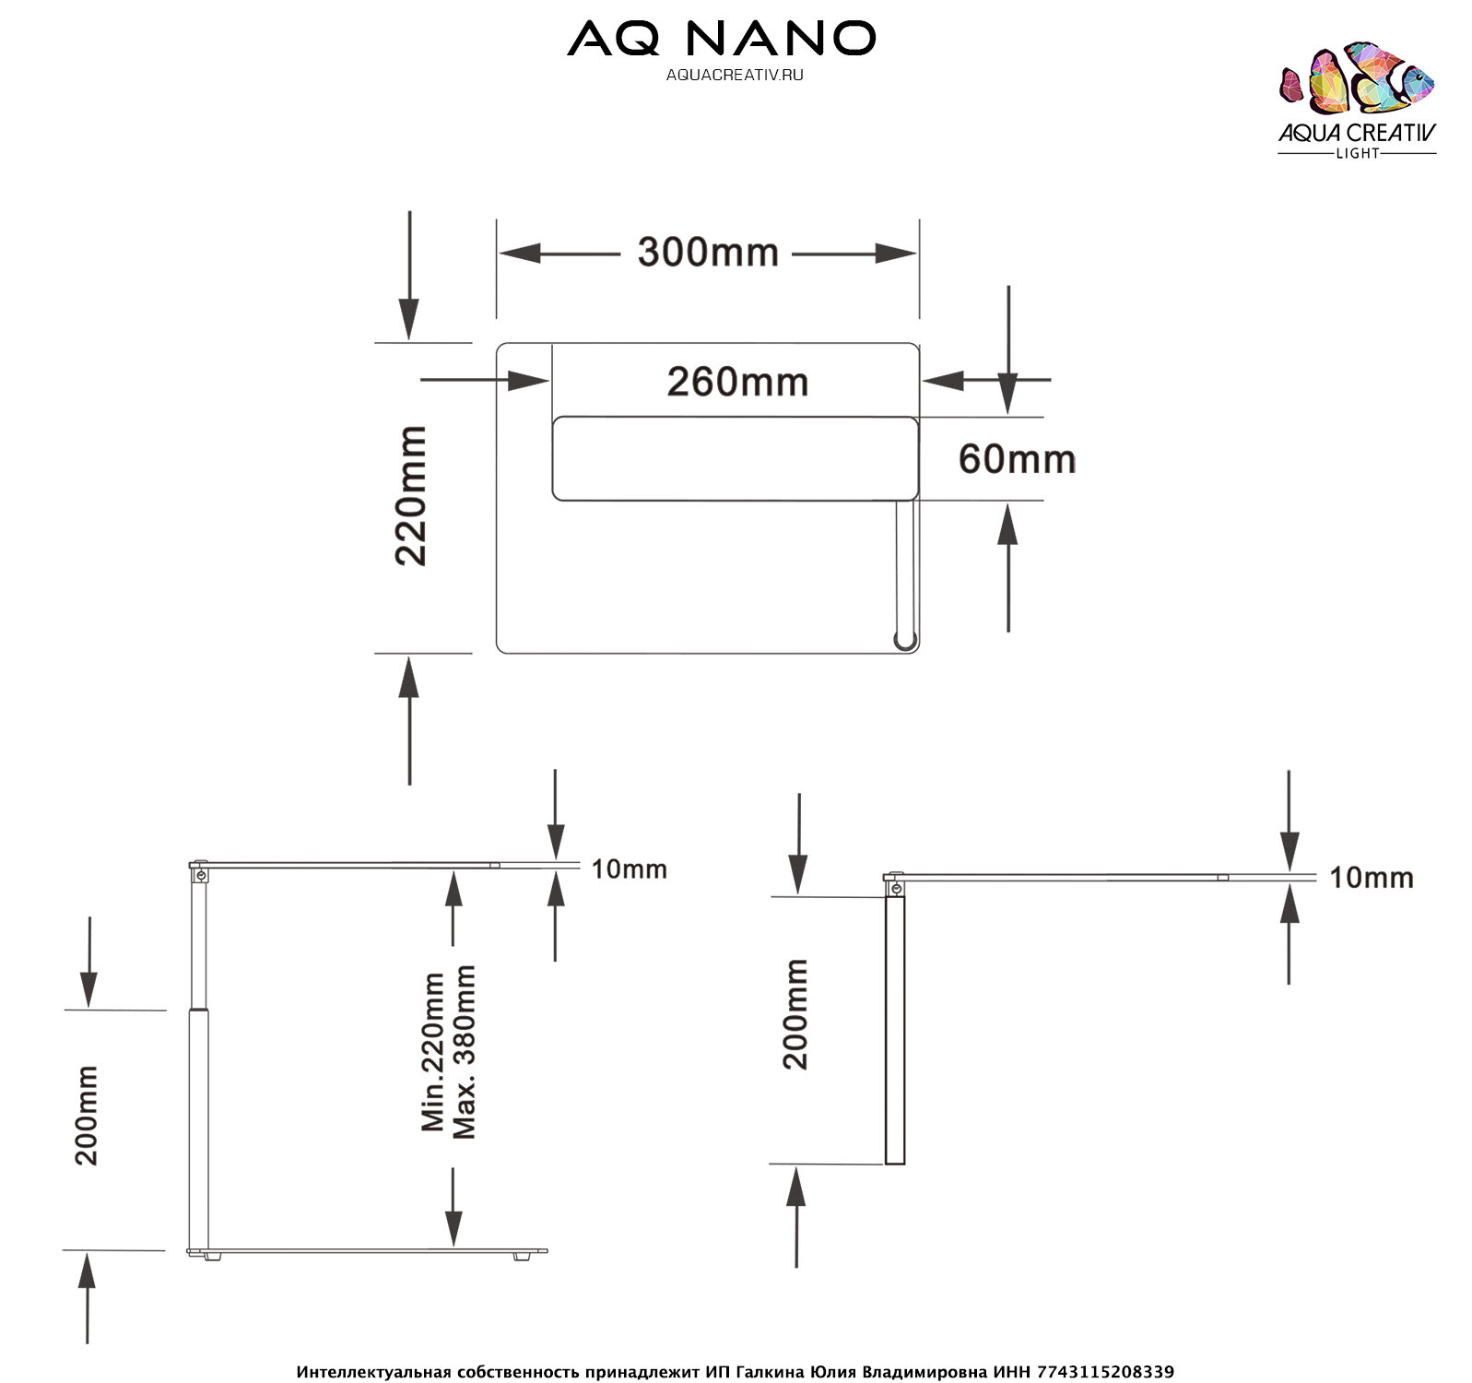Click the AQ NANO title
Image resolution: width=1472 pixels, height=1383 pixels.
pos(721,39)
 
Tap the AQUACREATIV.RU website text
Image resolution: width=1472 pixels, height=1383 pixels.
pos(735,76)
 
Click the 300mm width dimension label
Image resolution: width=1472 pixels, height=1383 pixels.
pos(708,253)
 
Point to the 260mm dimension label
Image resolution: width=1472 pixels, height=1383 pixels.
pos(737,382)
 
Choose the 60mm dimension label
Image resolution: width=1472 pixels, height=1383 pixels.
pos(1017,459)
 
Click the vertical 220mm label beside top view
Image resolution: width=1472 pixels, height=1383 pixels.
pos(411,495)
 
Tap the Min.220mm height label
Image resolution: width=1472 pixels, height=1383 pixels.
pos(432,1051)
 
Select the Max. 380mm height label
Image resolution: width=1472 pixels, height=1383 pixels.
pos(465,1051)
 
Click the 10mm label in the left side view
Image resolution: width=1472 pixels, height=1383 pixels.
pos(629,869)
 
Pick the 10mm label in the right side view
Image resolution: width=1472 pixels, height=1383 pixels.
pos(1371,878)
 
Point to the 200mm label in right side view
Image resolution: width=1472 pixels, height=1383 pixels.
pos(795,1014)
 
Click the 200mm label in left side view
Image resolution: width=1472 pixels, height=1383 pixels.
pos(87,1116)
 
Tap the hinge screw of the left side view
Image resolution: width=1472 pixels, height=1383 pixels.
pos(200,873)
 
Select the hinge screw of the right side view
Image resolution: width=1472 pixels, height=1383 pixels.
pos(895,888)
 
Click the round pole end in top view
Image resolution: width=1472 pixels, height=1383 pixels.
pos(905,639)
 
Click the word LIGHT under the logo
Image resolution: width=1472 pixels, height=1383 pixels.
pos(1357,154)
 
